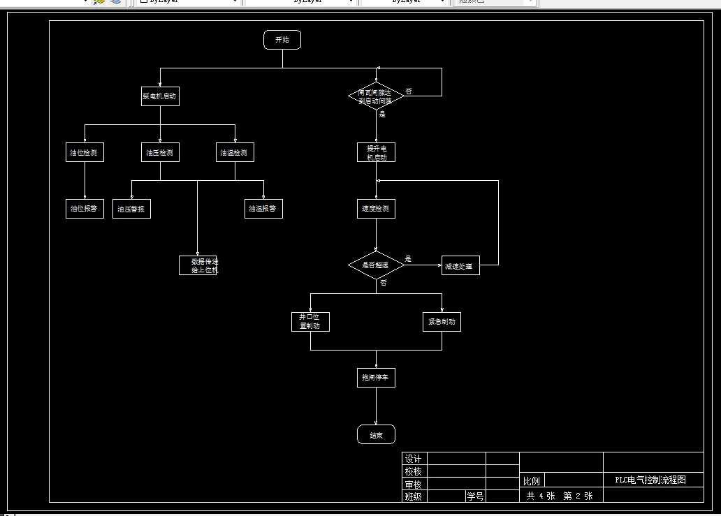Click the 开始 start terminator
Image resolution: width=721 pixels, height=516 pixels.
coord(282,40)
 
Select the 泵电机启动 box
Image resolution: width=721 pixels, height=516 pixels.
coord(160,96)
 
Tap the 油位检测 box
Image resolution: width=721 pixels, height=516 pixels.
coord(85,152)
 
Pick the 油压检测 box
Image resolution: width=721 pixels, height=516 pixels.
coord(160,152)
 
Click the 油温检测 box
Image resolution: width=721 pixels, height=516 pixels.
coord(234,152)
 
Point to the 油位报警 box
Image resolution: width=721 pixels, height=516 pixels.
coord(85,209)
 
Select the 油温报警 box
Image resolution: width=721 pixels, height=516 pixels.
coord(263,209)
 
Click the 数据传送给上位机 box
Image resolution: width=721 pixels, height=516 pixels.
coord(198,265)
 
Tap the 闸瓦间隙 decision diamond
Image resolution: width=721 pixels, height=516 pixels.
coord(376,96)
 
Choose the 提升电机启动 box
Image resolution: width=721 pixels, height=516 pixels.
coord(376,152)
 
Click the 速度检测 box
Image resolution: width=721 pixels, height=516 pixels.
coord(376,209)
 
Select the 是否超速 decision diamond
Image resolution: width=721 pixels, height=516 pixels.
coord(376,265)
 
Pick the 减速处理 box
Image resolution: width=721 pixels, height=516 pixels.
coord(460,265)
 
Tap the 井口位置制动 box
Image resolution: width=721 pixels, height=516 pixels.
coord(310,321)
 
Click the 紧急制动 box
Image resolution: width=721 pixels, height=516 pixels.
coord(442,321)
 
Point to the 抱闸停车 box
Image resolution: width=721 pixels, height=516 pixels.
coord(376,378)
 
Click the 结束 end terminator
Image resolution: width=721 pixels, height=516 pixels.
coord(376,434)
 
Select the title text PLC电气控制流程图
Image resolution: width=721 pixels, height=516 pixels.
coord(650,480)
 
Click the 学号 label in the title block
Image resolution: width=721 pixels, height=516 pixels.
coord(475,496)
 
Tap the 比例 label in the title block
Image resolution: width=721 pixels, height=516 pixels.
coord(532,481)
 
